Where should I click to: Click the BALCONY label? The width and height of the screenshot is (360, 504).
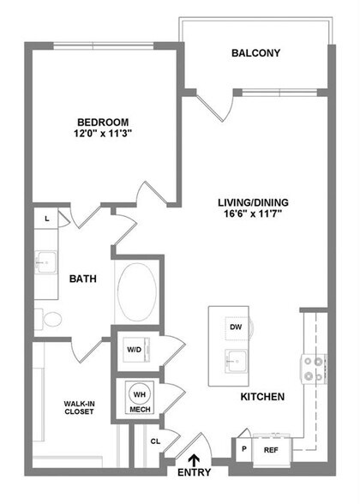pos(255,53)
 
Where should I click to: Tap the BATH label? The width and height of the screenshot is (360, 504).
pos(82,279)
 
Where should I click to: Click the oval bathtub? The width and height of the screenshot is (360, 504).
pos(136,292)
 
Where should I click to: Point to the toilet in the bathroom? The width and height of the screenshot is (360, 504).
pos(51,321)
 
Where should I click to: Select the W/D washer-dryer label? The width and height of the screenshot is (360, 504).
pos(134,350)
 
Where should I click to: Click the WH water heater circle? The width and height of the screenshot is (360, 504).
pos(138,393)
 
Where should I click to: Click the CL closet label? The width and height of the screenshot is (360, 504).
pos(154,442)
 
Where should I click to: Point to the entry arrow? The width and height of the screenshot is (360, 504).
pos(195,463)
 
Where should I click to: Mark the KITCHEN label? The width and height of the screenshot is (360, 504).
pos(261,398)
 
